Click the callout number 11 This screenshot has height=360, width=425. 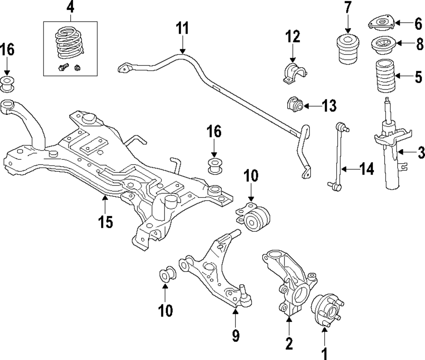coord(182,28)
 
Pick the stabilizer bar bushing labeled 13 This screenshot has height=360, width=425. coord(295,104)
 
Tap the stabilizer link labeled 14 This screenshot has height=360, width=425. coord(338,158)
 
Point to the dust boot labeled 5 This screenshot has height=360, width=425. coord(385,76)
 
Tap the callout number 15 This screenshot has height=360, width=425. coord(105,222)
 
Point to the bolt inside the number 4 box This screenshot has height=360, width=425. coord(63,67)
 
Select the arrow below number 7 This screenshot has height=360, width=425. coord(348,27)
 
